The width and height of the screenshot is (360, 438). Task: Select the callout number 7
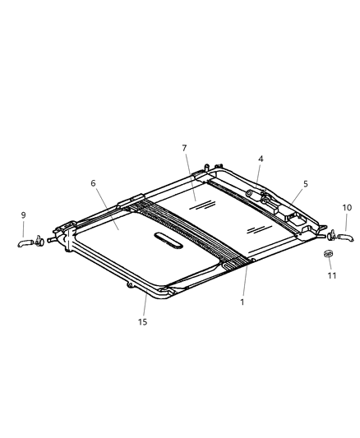[x=184, y=148]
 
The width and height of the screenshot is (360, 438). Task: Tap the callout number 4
[x=261, y=159]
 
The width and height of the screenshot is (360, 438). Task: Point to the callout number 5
[x=305, y=184]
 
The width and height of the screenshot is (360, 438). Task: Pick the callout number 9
[x=23, y=215]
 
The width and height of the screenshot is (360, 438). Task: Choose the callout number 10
[x=346, y=208]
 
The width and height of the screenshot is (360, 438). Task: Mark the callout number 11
[x=332, y=275]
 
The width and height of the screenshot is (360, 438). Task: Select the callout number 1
[x=242, y=302]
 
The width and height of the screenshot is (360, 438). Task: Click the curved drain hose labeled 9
[x=25, y=242]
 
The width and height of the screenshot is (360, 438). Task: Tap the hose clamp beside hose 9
[x=39, y=242]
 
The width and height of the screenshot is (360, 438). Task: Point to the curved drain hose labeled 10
[x=344, y=237]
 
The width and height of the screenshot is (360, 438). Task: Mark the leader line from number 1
[x=244, y=279]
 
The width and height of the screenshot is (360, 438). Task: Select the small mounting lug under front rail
[x=130, y=285]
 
